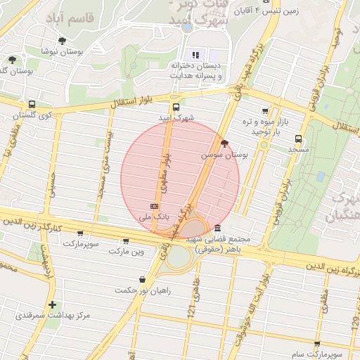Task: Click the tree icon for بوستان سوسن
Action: pyautogui.click(x=224, y=143)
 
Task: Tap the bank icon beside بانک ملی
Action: pyautogui.click(x=153, y=207)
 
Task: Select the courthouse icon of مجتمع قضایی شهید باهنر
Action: pyautogui.click(x=217, y=229)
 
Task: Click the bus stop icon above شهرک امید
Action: pyautogui.click(x=176, y=108)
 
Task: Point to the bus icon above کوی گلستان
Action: pyautogui.click(x=31, y=104)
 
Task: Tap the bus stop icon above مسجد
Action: pyautogui.click(x=299, y=139)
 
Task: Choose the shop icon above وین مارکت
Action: pyautogui.click(x=126, y=240)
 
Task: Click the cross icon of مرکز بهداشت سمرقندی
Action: pyautogui.click(x=52, y=304)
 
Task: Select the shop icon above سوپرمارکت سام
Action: pyautogui.click(x=317, y=345)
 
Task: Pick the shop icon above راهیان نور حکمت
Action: pyautogui.click(x=143, y=279)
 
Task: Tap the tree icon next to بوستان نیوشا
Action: pyautogui.click(x=63, y=41)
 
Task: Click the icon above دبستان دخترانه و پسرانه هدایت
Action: pyautogui.click(x=195, y=55)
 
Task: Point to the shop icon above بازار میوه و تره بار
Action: pyautogui.click(x=264, y=110)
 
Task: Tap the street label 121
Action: pyautogui.click(x=191, y=305)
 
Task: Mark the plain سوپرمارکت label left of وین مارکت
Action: pyautogui.click(x=82, y=243)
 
